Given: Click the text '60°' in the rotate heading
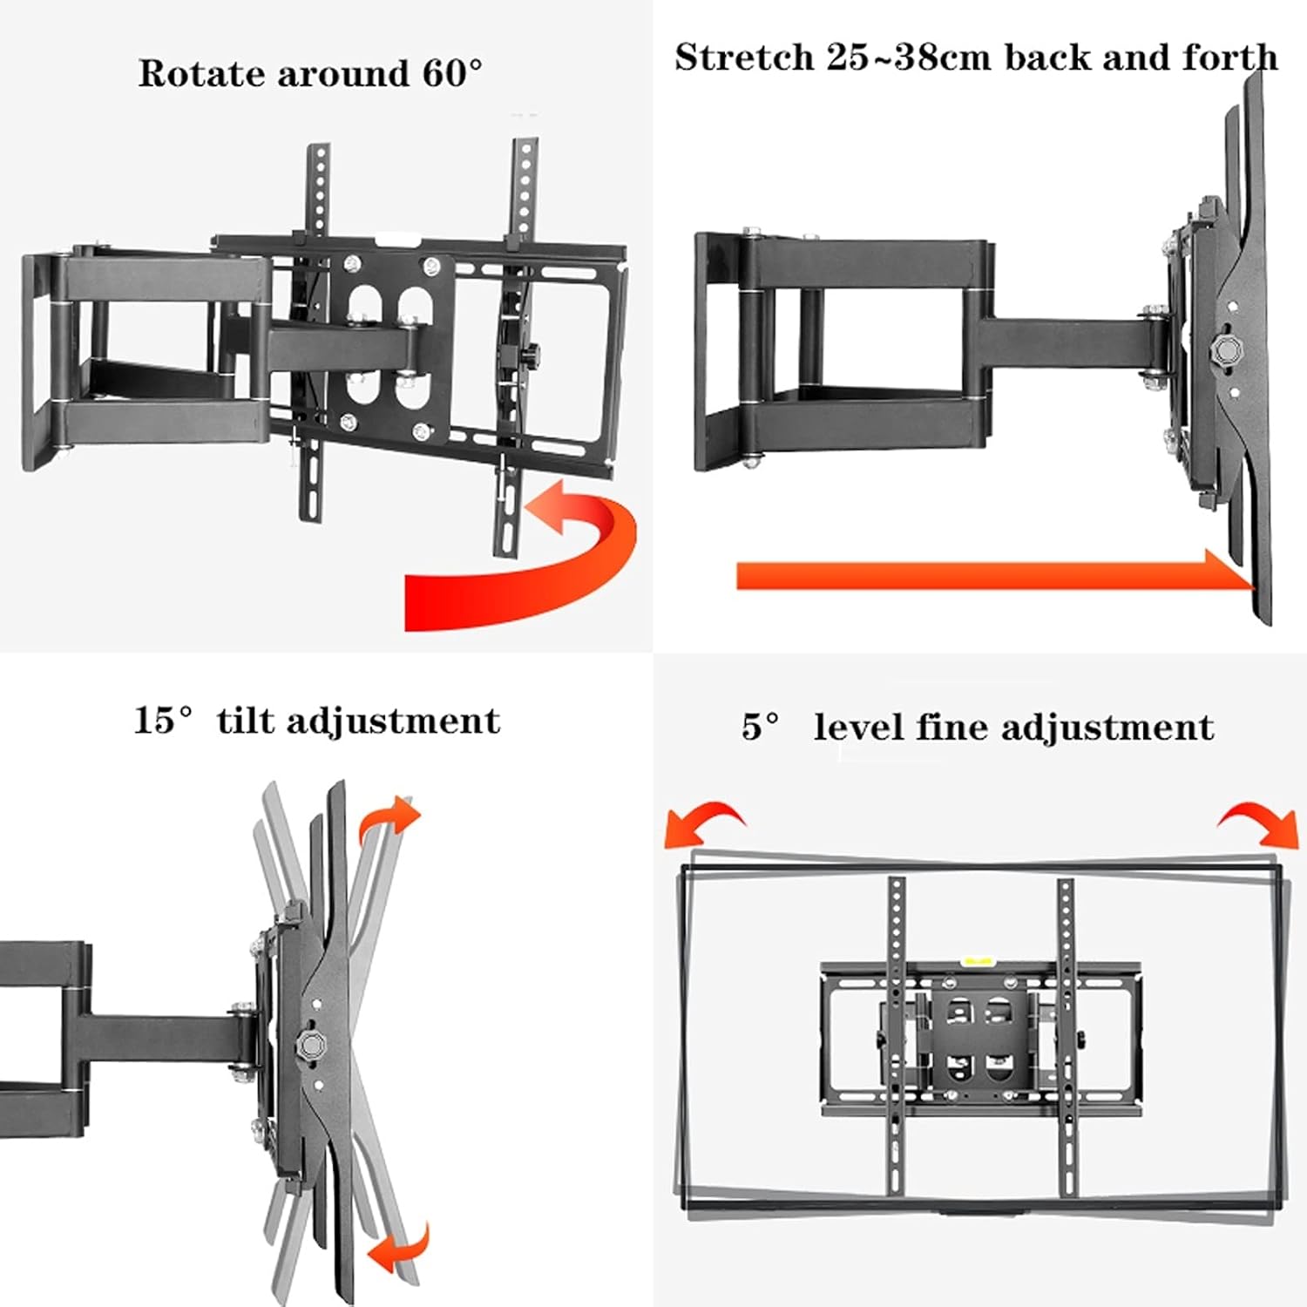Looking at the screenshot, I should [x=452, y=73].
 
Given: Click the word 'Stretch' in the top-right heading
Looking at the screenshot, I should [x=743, y=58].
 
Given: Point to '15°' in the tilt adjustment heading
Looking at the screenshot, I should [x=163, y=721].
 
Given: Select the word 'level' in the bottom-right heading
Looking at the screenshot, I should [x=857, y=727].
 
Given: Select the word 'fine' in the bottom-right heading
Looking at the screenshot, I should [x=946, y=727].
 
